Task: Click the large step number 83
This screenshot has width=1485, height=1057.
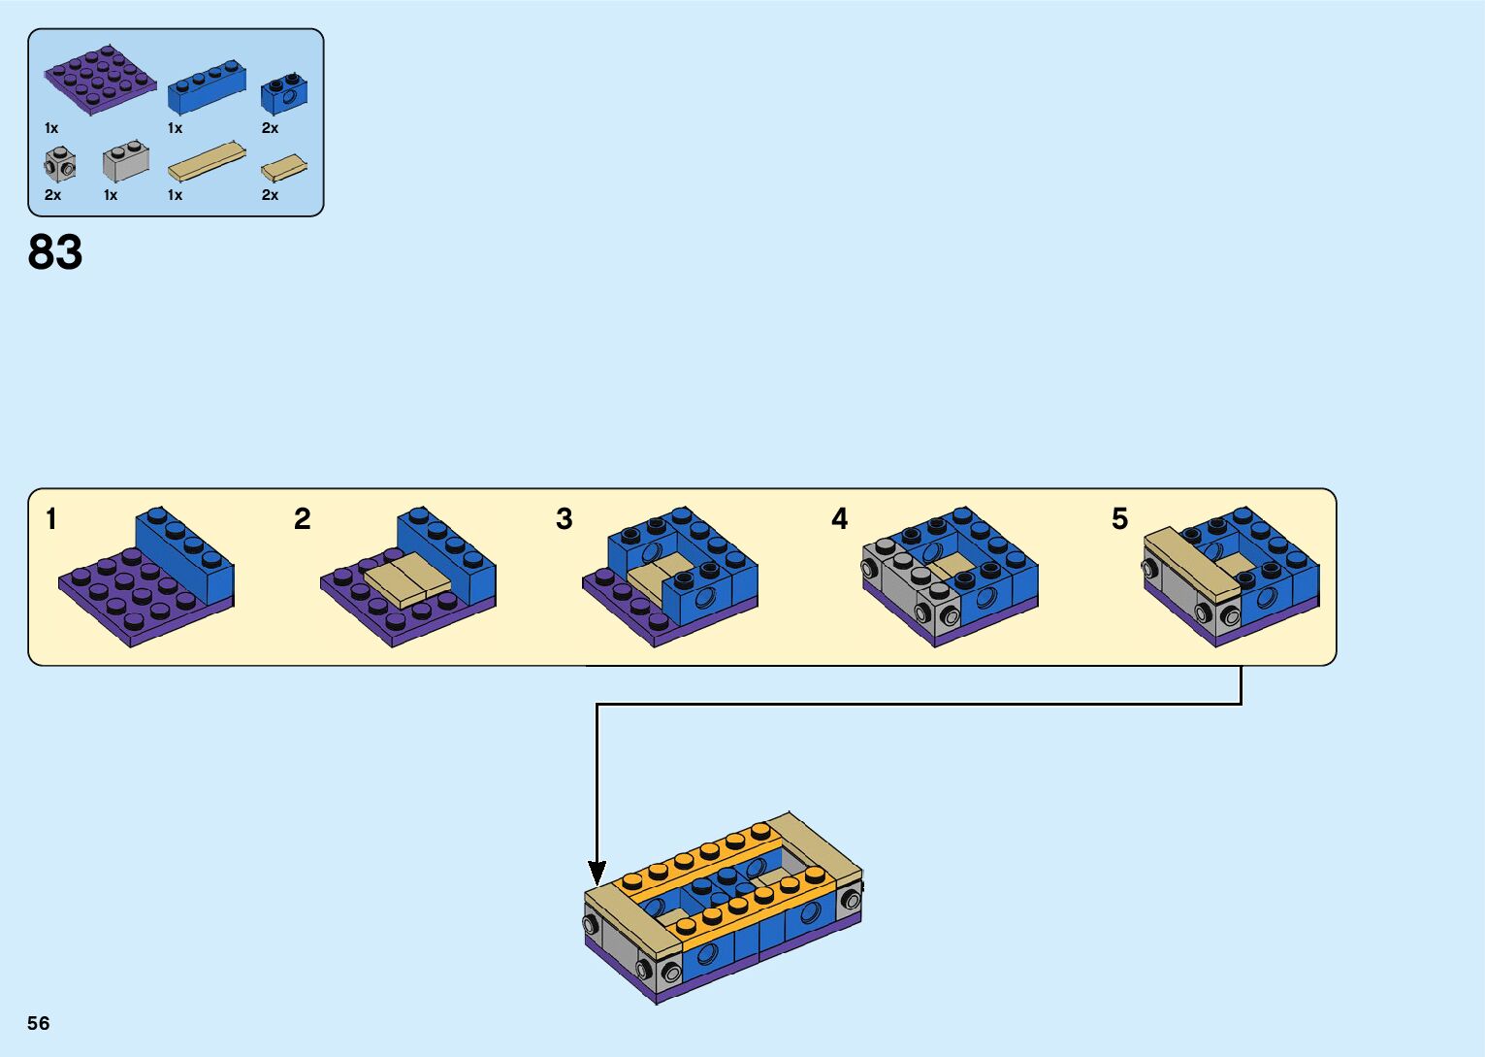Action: pos(55,252)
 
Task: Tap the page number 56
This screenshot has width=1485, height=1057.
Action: pos(39,1023)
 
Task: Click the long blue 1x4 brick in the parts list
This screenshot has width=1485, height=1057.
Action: pos(207,89)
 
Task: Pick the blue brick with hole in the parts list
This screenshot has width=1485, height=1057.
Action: pos(284,93)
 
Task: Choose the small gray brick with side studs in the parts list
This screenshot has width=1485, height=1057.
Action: pos(60,165)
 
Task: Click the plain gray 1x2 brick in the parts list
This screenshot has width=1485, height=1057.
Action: pos(126,162)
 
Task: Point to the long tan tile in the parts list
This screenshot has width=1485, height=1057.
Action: pos(207,162)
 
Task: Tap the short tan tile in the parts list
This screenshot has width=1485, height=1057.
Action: pos(284,169)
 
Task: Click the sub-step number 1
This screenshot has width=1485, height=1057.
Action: pos(51,519)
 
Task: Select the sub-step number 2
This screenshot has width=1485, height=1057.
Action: pos(303,519)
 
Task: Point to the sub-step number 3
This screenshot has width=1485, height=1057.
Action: pos(565,519)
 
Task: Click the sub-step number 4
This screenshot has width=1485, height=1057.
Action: pos(840,519)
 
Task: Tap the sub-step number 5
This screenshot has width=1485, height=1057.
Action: pos(1120,519)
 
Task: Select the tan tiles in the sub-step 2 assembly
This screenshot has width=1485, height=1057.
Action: pos(407,578)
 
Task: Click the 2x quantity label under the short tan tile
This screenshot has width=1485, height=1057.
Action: pos(270,195)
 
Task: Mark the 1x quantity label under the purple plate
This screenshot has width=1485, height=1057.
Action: pos(51,128)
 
